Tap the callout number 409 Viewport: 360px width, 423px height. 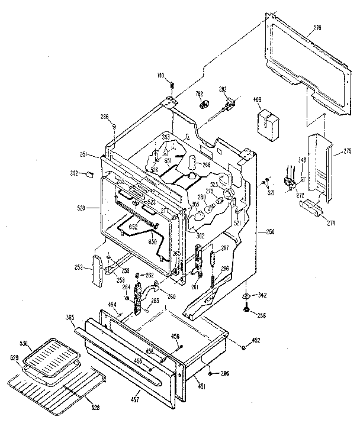(258, 99)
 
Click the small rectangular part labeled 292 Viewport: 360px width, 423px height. (89, 175)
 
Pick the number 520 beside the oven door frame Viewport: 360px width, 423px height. (81, 208)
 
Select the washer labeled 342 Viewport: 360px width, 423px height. (246, 295)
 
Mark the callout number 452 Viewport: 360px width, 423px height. (256, 340)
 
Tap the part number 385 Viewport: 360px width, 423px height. (70, 318)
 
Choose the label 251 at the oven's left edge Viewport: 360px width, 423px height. (85, 155)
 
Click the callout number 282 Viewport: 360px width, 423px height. (223, 89)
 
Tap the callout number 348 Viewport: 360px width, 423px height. (303, 160)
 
